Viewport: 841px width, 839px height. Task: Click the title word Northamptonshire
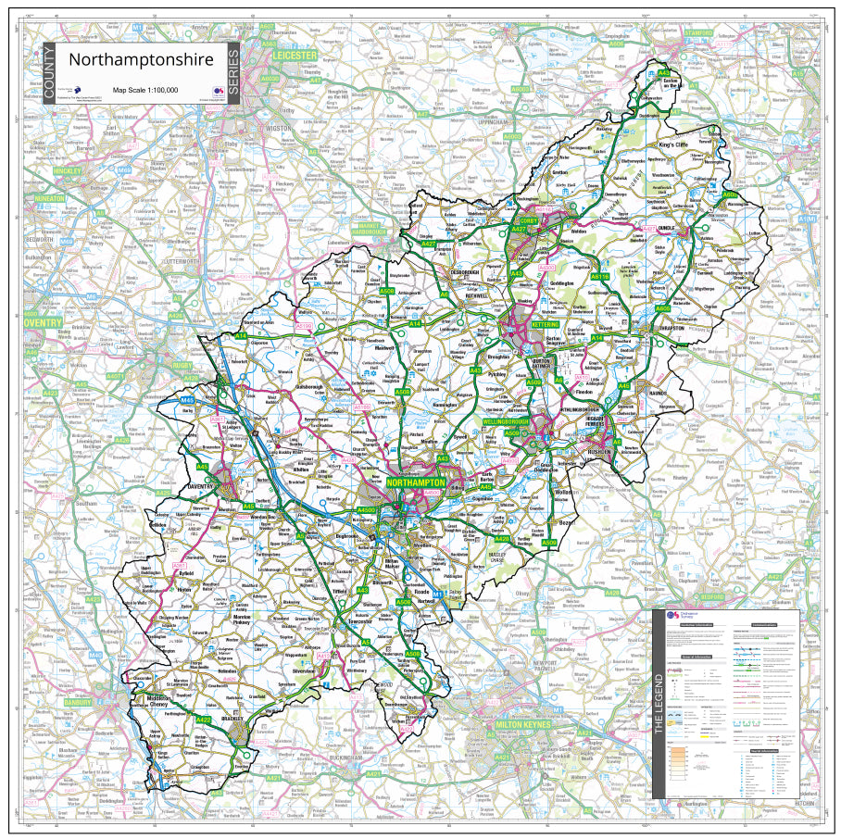[141, 60]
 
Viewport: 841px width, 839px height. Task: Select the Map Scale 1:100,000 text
[145, 90]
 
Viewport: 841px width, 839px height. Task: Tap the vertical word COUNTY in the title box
[49, 73]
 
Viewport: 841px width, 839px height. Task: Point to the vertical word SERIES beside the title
[232, 73]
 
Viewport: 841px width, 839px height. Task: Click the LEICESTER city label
[295, 56]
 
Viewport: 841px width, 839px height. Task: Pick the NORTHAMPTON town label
[415, 483]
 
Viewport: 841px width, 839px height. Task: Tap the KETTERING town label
[545, 325]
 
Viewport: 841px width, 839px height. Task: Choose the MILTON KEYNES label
[530, 722]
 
